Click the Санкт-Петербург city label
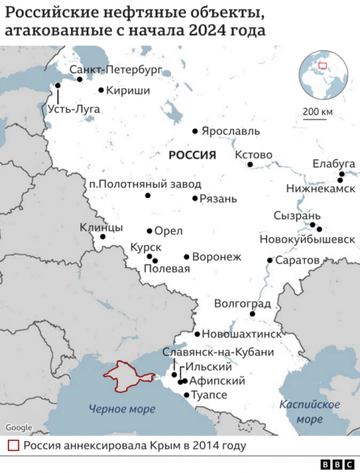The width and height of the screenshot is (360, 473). pos(116,70)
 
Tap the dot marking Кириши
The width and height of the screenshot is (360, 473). pos(101,90)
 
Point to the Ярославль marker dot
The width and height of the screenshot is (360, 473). pos(195,131)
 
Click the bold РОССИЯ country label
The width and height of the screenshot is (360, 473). pos(191,156)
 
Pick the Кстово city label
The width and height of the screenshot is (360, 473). pos(254,154)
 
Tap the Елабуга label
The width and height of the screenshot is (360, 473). pos(334,163)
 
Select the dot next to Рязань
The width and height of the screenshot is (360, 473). pos(195,198)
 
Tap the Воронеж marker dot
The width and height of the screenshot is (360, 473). pos(186,256)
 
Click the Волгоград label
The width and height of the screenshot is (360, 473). pos(243,303)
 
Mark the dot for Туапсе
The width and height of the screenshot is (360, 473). pos(186,394)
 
